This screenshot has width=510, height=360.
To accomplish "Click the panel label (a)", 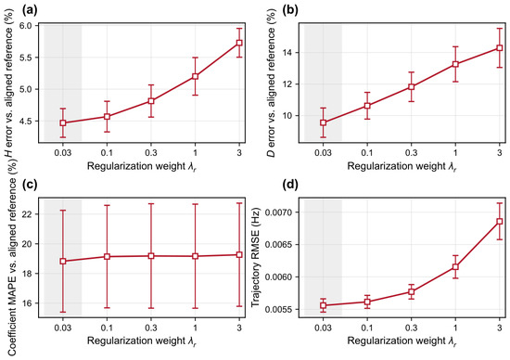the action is (x=30, y=11).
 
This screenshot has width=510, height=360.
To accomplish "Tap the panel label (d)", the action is (x=290, y=185).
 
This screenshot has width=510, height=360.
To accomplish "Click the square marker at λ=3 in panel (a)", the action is (x=239, y=43).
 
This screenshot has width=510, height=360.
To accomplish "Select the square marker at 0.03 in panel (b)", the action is (x=323, y=122).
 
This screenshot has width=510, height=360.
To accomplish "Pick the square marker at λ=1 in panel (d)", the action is (x=455, y=266).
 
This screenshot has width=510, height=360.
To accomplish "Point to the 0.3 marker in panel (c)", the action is (x=151, y=256).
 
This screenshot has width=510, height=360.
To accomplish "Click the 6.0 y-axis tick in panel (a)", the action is (x=29, y=26).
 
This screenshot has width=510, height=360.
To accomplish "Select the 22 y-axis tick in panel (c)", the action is (x=31, y=214).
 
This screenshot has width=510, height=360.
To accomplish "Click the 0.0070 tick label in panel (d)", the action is (x=279, y=212).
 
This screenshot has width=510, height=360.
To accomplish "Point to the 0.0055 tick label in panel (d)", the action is (x=279, y=309).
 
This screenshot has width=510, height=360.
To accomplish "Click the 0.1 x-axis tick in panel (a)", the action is (x=107, y=152).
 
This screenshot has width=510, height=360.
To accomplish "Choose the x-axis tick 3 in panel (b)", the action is (x=500, y=152).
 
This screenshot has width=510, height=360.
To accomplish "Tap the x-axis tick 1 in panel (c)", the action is (x=195, y=328).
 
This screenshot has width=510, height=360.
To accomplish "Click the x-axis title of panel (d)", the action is (x=402, y=341).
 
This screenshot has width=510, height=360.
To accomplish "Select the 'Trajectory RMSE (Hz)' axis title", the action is (x=256, y=257).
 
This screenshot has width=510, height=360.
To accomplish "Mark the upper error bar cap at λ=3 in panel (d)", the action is (x=500, y=203).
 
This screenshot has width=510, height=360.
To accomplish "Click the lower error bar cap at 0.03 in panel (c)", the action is (x=63, y=312).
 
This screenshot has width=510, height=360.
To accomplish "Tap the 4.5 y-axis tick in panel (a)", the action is (x=29, y=122).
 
